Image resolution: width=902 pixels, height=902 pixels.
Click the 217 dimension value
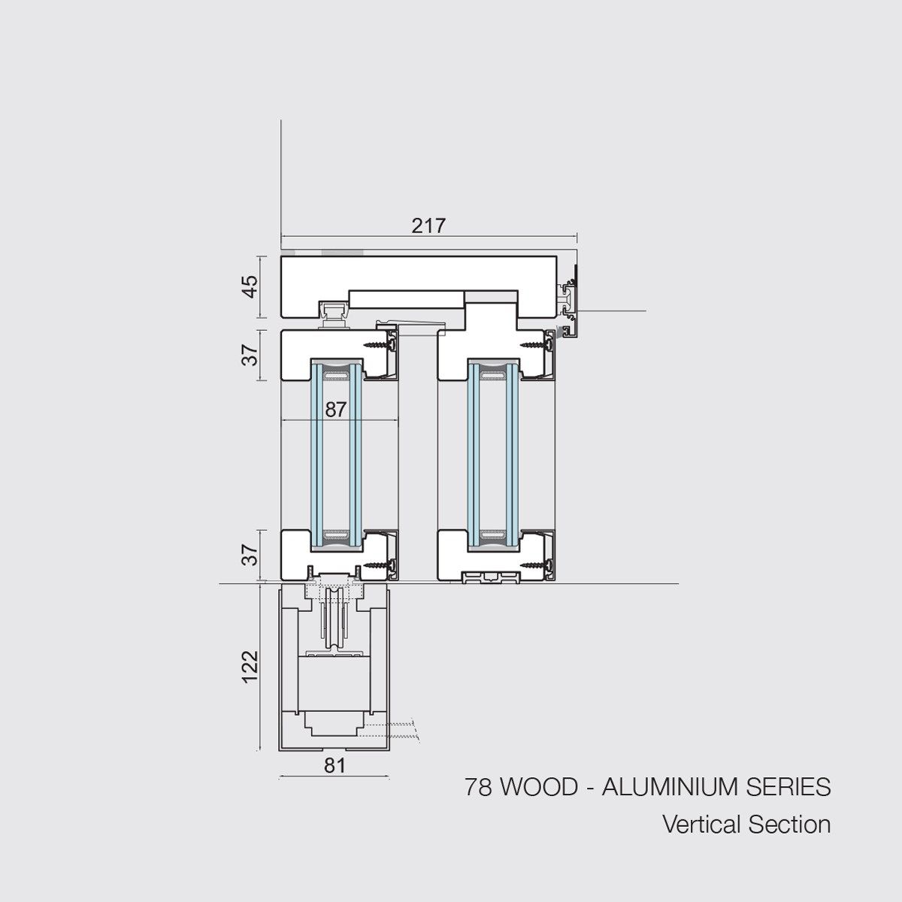(x=428, y=226)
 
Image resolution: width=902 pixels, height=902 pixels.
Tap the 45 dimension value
(x=251, y=286)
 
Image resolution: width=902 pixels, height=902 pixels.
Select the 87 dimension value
(x=335, y=410)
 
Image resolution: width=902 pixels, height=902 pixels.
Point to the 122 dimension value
(x=250, y=667)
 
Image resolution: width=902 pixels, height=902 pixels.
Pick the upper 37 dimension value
(x=251, y=355)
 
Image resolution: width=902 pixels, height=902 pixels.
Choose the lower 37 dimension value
(x=251, y=555)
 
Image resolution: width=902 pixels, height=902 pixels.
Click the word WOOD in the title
(x=540, y=787)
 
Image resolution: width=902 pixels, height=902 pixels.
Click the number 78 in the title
(x=478, y=787)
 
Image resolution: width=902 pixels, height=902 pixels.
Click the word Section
(x=790, y=825)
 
